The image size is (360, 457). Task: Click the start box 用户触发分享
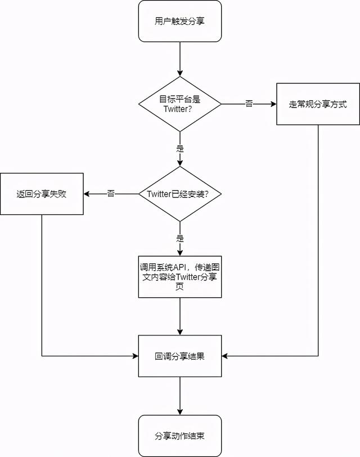(180, 21)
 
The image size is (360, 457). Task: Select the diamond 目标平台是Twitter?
(180, 104)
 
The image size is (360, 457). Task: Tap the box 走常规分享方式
(317, 104)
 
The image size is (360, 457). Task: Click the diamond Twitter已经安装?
(180, 194)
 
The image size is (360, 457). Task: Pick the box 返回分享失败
(42, 194)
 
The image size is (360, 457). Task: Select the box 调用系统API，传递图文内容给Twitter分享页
(180, 276)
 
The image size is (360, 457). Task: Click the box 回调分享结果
(180, 356)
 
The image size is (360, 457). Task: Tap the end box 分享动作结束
(180, 436)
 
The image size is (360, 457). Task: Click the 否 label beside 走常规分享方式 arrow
(249, 104)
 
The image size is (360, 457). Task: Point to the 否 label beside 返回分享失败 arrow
(111, 194)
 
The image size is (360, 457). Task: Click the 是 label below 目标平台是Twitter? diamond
(180, 149)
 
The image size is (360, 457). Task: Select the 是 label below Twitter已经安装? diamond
(180, 238)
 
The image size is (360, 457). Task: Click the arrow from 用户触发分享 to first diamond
(180, 59)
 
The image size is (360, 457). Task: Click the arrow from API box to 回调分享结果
(180, 316)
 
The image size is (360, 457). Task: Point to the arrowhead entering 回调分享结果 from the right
(225, 356)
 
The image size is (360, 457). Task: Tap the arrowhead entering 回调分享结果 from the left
(136, 356)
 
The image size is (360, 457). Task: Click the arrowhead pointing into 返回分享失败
(87, 194)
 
